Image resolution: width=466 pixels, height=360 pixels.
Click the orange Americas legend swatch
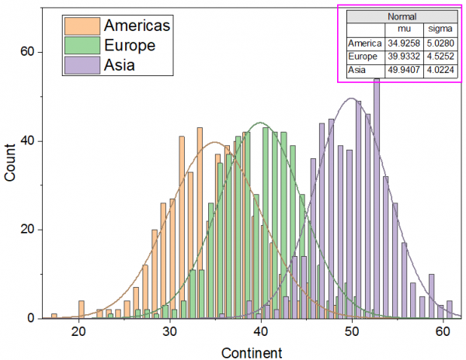pos(82,26)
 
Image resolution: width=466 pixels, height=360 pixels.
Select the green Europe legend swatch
pos(82,45)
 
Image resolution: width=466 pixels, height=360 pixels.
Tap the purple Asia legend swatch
pos(82,64)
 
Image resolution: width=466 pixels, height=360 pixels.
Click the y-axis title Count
pos(11,164)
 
